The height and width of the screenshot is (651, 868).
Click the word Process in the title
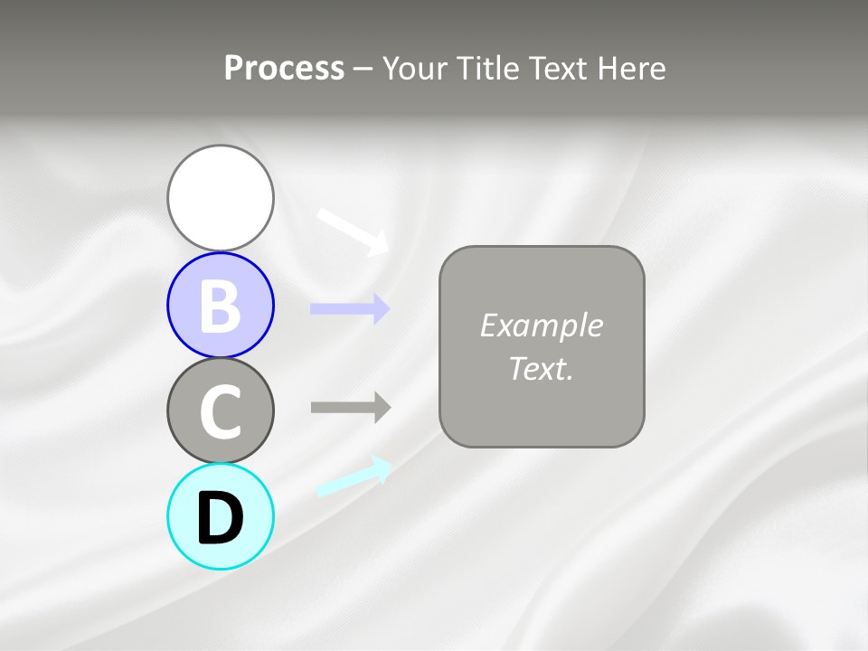(284, 69)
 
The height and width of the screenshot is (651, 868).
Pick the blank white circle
(221, 198)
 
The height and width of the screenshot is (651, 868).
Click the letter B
(221, 306)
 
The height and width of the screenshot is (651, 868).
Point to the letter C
(221, 411)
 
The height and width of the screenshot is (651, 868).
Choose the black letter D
(221, 518)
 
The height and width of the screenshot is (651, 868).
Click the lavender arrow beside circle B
(349, 308)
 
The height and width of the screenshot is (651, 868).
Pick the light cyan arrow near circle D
(354, 476)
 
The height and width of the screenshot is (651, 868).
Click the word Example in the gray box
(541, 325)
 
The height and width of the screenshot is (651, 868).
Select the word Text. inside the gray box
(541, 368)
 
